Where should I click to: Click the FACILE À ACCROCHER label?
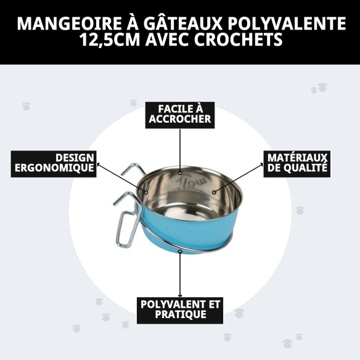(180, 114)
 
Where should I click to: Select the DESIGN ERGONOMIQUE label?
(54, 163)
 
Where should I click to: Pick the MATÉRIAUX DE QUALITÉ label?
(297, 163)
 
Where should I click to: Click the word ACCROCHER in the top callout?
(180, 120)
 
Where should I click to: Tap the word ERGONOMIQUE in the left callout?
(54, 168)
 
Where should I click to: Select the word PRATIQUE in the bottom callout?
(180, 315)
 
